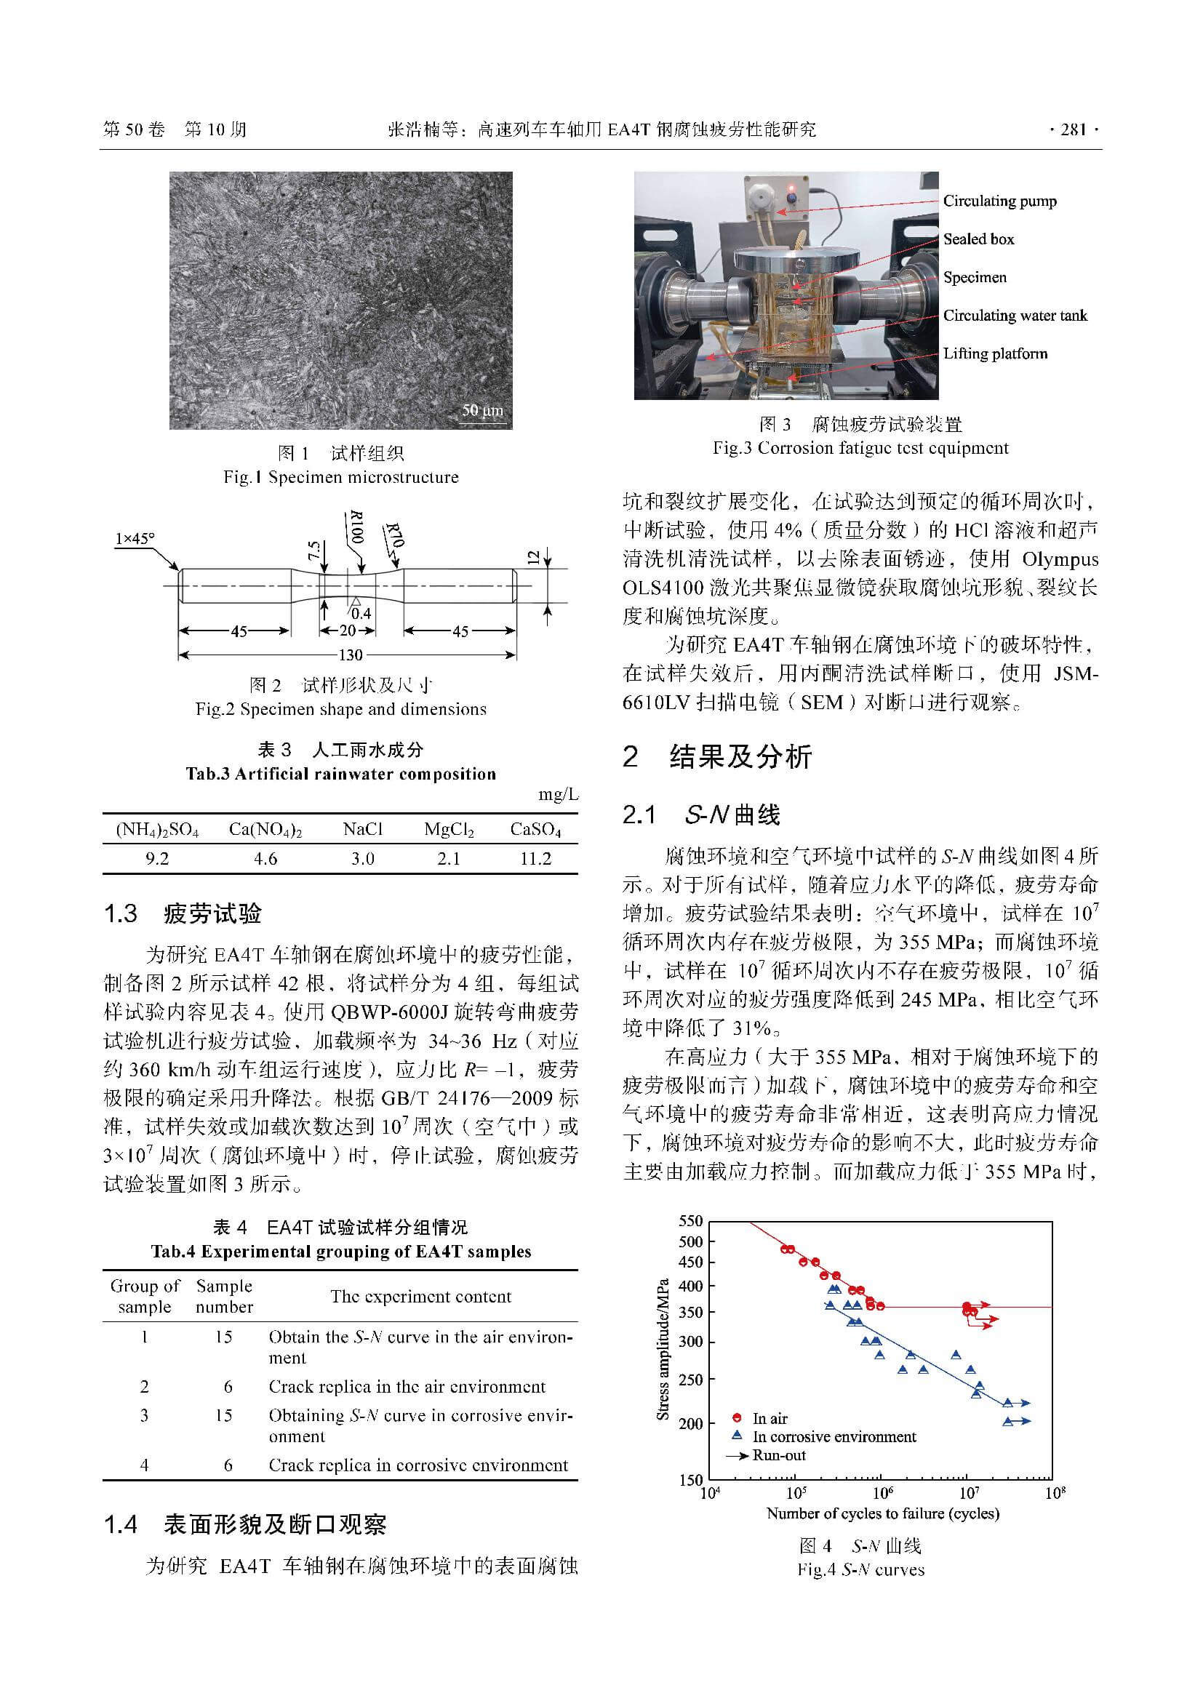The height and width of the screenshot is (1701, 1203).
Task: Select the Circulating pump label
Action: coord(999,201)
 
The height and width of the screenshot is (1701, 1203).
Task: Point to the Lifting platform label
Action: coord(995,353)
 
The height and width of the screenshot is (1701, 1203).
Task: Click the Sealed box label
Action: coord(978,239)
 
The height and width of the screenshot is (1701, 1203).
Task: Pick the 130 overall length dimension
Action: coord(350,655)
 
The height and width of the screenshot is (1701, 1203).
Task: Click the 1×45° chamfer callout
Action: coord(134,539)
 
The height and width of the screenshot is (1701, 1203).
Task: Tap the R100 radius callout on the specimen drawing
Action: coord(356,527)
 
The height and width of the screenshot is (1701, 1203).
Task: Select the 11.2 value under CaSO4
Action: coord(535,859)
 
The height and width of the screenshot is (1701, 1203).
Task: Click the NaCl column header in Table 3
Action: coord(362,829)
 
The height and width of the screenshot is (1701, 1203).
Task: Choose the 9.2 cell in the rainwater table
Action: coord(156,859)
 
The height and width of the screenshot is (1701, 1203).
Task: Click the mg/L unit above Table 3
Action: coord(558,795)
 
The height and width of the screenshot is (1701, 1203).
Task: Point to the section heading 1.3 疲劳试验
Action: coord(183,913)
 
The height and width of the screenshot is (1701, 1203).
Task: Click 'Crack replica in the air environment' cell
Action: coord(407,1386)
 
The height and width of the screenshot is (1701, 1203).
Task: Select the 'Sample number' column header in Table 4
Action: coord(224,1296)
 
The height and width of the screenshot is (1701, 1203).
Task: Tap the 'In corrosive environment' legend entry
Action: coord(834,1436)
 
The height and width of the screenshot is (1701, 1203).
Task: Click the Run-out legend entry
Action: coord(778,1454)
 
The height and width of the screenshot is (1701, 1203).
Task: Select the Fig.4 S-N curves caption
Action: coord(860,1569)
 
